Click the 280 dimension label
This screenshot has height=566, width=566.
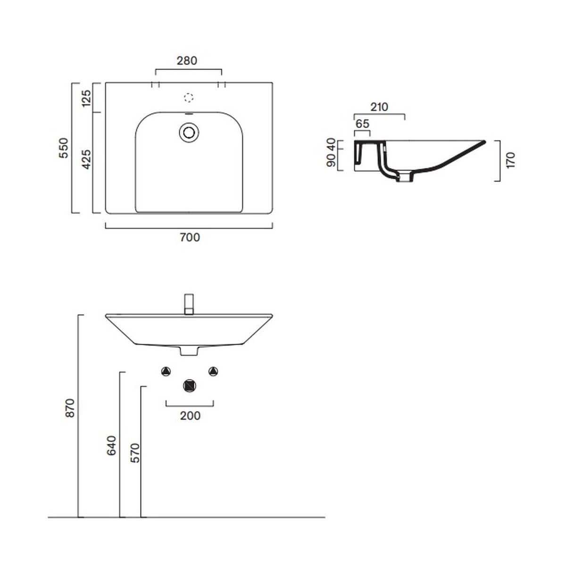tap(187, 61)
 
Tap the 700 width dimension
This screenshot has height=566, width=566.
tap(190, 237)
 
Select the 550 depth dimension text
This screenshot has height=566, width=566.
tap(64, 148)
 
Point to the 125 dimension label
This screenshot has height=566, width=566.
tap(87, 99)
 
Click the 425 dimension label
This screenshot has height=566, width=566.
tap(86, 159)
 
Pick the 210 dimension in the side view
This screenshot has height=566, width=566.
tap(379, 107)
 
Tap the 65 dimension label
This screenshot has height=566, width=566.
tap(362, 124)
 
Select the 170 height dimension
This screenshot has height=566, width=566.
tap(511, 160)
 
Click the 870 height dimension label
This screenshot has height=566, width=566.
tap(70, 408)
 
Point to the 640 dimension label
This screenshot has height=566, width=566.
tap(111, 446)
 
